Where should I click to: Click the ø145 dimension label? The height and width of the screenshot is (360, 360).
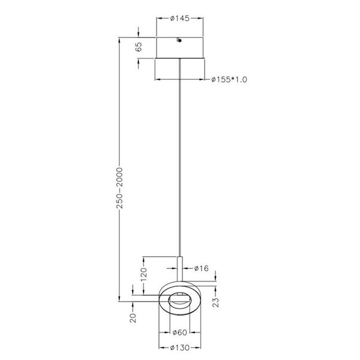click(x=180, y=19)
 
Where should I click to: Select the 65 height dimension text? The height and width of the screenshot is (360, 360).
click(x=139, y=48)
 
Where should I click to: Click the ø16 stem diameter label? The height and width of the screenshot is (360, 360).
click(x=201, y=268)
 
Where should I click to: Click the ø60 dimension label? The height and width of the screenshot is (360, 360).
click(x=180, y=333)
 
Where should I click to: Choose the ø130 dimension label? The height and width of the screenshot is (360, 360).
click(x=180, y=347)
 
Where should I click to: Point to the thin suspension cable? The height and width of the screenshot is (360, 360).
click(x=180, y=156)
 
